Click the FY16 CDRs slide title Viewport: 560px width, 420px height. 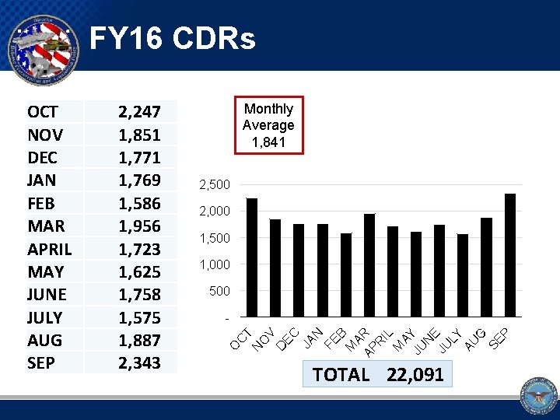tap(172, 38)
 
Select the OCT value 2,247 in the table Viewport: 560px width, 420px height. tap(139, 112)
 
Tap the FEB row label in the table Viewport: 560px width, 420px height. tap(41, 203)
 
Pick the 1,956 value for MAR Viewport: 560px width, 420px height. tap(139, 226)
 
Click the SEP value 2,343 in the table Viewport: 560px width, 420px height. tap(139, 362)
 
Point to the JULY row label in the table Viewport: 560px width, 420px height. tap(46, 317)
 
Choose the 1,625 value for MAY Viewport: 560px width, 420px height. tap(139, 271)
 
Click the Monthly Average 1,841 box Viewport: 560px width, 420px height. tap(268, 125)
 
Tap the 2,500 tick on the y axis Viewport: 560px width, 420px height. tap(215, 185)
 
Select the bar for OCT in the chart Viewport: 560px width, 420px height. tap(252, 257)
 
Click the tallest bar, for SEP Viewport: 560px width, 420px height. tap(510, 255)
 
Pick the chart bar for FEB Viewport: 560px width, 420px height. tap(346, 275)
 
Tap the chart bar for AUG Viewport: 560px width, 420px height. tap(487, 267)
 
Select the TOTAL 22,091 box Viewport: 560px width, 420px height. tap(377, 375)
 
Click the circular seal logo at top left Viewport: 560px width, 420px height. tap(44, 48)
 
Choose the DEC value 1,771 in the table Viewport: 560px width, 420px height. tap(139, 158)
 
